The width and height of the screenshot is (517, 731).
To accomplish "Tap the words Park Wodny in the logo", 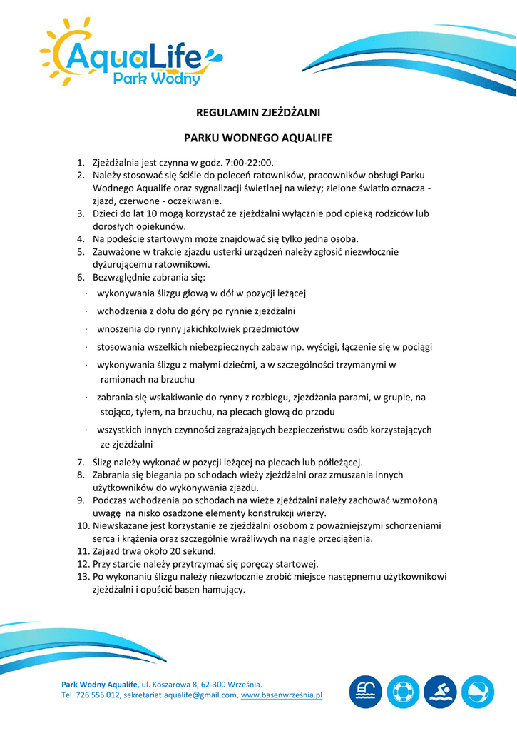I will [157, 78].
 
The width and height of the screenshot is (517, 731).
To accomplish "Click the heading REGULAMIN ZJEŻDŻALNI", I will [258, 112].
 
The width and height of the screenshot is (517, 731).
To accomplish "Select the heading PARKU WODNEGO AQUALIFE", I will [258, 137].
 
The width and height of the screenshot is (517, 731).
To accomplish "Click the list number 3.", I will [81, 213].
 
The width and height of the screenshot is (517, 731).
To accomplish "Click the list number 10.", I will [81, 525].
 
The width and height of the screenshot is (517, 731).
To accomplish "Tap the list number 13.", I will [81, 577].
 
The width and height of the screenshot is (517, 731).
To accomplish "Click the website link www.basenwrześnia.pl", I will [282, 695].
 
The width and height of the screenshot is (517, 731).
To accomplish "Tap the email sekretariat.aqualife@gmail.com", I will [180, 695].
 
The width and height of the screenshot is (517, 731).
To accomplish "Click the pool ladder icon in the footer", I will [366, 691].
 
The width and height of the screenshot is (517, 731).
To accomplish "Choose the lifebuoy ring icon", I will [403, 691].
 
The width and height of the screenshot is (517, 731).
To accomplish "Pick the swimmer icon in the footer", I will [440, 691].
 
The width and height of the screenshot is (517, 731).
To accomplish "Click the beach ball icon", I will [477, 691].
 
